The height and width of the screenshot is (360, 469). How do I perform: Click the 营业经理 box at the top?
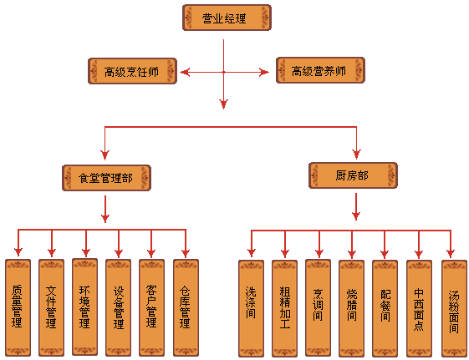[227, 18]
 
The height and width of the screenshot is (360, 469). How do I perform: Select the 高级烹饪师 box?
[132, 71]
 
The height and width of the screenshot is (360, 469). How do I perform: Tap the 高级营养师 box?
[320, 70]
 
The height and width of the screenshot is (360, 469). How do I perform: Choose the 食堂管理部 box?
[106, 178]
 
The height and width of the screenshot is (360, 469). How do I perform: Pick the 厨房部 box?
[353, 175]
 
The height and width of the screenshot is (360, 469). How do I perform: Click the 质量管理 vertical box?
[18, 307]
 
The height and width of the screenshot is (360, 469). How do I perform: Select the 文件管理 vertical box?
[52, 307]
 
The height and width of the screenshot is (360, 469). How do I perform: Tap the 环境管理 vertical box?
[85, 307]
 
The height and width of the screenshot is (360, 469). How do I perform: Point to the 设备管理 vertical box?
[119, 307]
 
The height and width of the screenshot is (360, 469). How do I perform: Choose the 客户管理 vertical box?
[151, 307]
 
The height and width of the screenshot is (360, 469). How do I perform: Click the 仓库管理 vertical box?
[186, 307]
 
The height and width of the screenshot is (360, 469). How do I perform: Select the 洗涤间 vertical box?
[252, 308]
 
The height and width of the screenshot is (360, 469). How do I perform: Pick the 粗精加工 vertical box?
[285, 308]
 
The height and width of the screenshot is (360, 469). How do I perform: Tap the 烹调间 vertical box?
[319, 308]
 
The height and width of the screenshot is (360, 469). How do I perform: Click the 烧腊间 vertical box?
[352, 308]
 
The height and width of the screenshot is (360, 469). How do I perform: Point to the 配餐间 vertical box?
[385, 308]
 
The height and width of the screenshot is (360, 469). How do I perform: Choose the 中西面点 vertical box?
[420, 308]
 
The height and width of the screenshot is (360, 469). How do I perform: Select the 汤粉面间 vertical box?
[455, 308]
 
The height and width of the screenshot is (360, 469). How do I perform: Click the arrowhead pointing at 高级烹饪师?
[185, 72]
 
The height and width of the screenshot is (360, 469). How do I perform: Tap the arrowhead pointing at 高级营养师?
[264, 72]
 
